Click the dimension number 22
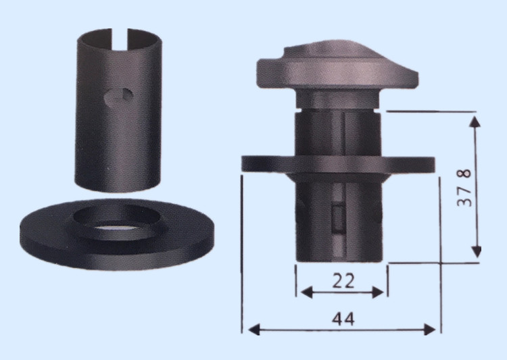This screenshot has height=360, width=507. [x=343, y=281]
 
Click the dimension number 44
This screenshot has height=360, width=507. [x=343, y=319]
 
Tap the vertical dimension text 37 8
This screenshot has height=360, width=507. [x=464, y=188]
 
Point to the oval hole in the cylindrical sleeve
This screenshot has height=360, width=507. [x=119, y=96]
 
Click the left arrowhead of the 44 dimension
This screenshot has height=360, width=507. [x=254, y=330]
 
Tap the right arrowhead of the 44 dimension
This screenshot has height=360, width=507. [x=429, y=330]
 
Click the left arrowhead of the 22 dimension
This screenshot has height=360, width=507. [x=306, y=292]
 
